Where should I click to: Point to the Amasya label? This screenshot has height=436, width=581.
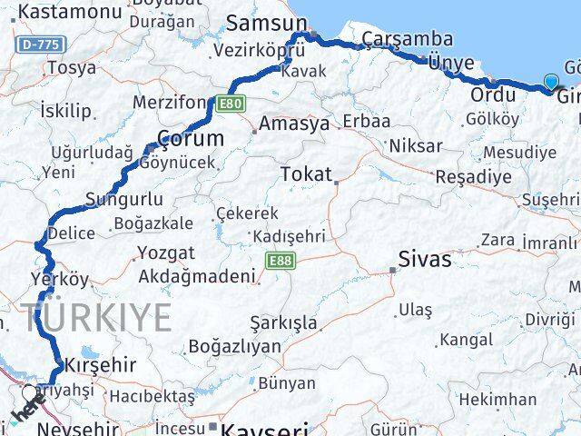293,124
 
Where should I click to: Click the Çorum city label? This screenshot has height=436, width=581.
191,139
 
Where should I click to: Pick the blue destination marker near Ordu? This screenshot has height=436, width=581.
552,83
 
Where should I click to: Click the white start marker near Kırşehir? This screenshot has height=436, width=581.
30,393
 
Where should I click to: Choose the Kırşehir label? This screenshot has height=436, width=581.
101,365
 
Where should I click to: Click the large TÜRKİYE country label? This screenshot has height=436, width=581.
97,318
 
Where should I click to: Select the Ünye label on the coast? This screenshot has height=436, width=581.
451,62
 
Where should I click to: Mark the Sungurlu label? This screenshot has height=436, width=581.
123,200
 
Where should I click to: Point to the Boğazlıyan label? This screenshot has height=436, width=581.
234,346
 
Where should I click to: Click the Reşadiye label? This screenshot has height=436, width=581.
473,177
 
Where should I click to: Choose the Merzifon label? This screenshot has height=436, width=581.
171,102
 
